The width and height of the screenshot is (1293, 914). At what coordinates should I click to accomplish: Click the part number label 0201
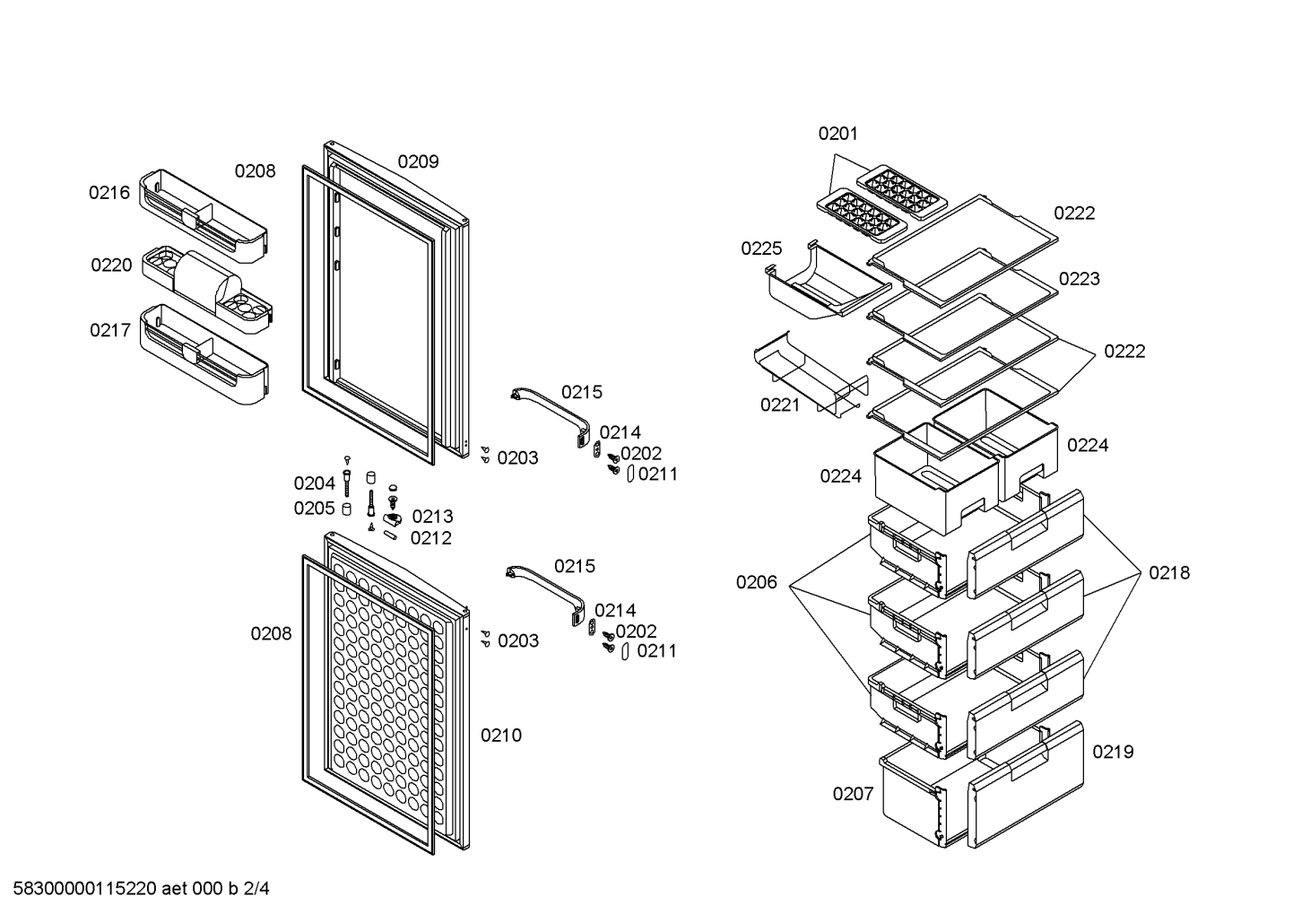coord(837,134)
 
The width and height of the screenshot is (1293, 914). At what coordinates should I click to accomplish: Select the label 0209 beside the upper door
coord(418,161)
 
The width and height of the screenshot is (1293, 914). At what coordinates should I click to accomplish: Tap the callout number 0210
coord(501,736)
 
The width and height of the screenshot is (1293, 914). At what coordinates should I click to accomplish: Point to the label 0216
coord(109,193)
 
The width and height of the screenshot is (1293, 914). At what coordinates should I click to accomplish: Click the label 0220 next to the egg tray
coord(111,265)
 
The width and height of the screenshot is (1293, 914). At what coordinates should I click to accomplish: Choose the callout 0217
coord(110,330)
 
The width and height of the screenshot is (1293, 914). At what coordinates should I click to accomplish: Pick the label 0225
coord(761,248)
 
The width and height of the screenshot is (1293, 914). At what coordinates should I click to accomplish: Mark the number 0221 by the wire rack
coord(780,405)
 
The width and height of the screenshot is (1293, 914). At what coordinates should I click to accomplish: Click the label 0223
coord(1079,280)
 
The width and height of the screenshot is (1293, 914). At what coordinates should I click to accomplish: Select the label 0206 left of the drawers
coord(756,583)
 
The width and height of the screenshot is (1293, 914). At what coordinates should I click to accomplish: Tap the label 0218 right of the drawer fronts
coord(1169,573)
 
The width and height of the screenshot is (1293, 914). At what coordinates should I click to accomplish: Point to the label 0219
coord(1113,752)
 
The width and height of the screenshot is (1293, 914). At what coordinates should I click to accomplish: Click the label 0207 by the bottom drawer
coord(853,795)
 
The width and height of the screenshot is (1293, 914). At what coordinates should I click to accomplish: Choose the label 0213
coord(432,517)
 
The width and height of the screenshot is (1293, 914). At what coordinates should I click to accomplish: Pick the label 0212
coord(430,539)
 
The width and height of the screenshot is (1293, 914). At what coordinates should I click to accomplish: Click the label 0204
coord(314,483)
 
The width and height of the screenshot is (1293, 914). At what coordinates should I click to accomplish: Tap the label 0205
coord(314,509)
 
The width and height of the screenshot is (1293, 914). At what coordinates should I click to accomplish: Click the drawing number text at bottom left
coord(141,889)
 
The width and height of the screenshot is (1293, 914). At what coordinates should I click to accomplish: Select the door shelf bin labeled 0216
coord(204,215)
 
